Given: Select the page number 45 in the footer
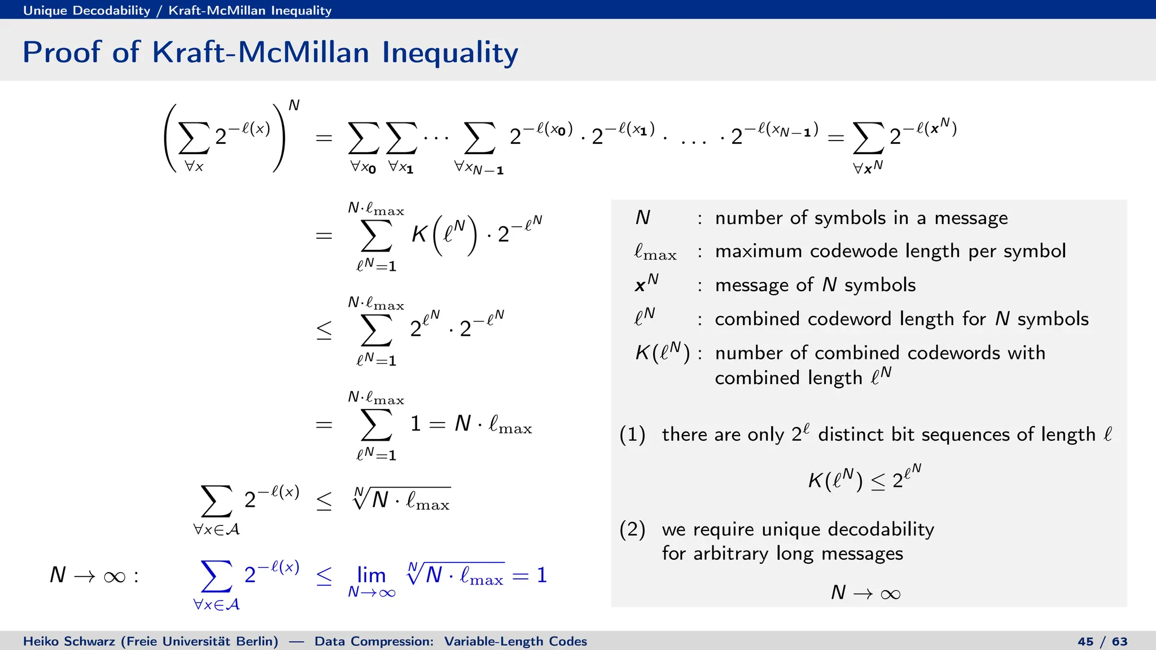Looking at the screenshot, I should pos(1085,642).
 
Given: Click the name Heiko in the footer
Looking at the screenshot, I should pos(41,642).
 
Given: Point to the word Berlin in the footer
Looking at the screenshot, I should pos(257,642).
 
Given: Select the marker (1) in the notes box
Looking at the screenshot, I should pos(632,434).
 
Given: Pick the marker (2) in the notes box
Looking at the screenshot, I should pos(632,529).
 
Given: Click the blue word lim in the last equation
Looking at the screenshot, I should pos(371,575).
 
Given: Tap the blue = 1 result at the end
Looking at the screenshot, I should pos(530,575).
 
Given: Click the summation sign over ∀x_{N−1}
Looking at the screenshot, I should pos(479,138).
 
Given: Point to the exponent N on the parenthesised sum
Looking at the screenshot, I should pos(294,106).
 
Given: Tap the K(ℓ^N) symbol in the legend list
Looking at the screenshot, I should pos(662,353).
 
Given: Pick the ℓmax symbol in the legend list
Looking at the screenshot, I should pos(655,252).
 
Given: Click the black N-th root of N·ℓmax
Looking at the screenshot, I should pos(402,499).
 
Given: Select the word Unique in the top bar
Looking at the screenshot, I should pos(45,10).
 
